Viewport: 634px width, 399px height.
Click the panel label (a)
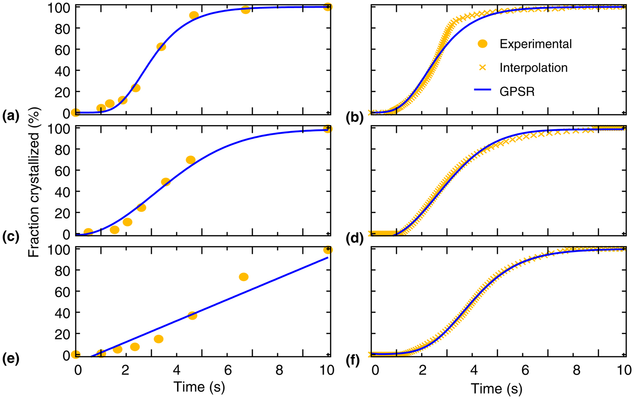pos(10,117)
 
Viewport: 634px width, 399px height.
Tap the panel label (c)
pos(10,237)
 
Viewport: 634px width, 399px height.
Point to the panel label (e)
pos(10,359)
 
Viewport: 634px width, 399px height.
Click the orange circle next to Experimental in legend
pos(483,44)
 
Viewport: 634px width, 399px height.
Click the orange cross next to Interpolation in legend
pos(483,68)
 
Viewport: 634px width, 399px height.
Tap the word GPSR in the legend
pos(517,92)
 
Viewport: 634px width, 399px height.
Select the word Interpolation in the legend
pos(533,68)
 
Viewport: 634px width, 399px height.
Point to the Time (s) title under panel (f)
pos(496,388)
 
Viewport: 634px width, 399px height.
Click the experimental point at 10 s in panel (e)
pos(328,250)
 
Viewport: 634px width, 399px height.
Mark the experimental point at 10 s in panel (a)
pos(328,7)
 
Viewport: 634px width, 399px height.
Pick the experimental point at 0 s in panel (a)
pos(76,112)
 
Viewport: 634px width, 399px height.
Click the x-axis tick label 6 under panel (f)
pos(525,370)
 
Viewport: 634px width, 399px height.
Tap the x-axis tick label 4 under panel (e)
pos(177,370)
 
